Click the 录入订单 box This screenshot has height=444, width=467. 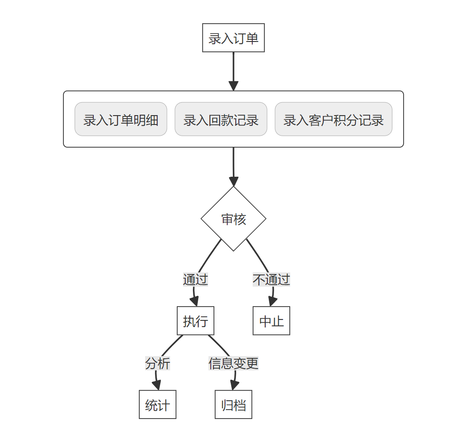233,38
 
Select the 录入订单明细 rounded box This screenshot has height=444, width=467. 121,119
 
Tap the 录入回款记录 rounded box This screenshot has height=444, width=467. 221,119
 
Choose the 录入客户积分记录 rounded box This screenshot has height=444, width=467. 333,119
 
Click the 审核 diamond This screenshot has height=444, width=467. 233,219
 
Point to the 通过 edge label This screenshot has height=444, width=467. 195,280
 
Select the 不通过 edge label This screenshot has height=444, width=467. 271,280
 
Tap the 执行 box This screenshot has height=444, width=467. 195,321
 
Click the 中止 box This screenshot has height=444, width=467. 271,321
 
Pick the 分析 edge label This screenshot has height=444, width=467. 157,364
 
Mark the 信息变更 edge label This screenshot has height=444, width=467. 233,364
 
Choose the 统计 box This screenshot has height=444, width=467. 157,405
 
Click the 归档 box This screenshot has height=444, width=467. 233,405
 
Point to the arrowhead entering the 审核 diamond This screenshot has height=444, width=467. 233,181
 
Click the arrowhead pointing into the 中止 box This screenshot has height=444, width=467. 271,302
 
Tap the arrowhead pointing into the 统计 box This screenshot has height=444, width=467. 157,386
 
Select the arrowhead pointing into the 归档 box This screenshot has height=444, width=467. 233,386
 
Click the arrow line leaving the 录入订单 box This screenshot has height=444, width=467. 233,67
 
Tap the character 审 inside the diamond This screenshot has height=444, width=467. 227,219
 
